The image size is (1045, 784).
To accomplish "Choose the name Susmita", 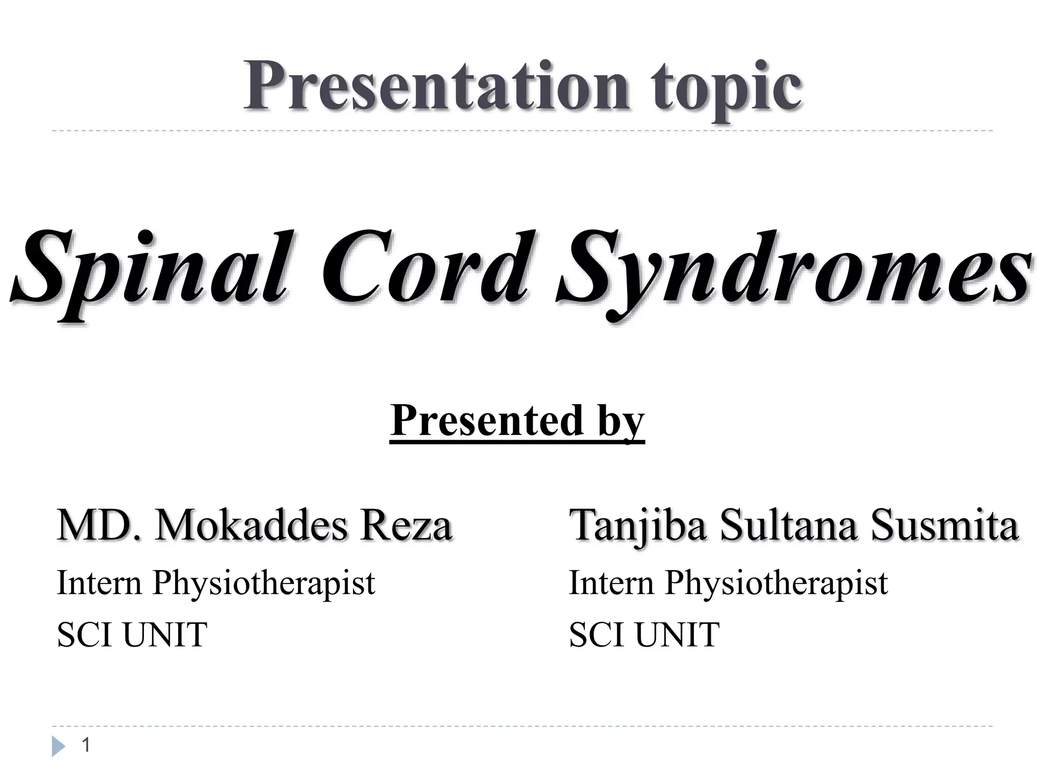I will pyautogui.click(x=944, y=525).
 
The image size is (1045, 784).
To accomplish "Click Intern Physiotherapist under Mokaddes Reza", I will pyautogui.click(x=216, y=582).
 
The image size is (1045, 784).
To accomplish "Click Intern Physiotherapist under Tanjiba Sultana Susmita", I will pyautogui.click(x=728, y=582).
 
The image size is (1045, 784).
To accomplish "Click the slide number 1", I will pyautogui.click(x=86, y=745).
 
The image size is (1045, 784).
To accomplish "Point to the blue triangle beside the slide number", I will pyautogui.click(x=58, y=747).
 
